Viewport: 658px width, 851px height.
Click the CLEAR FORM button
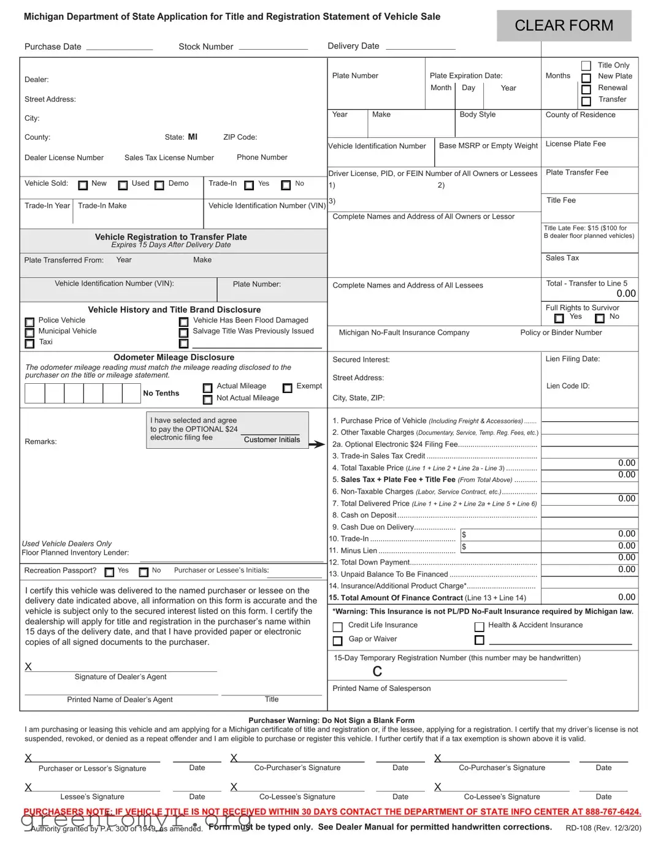coord(564,26)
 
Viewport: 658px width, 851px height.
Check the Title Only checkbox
coord(586,66)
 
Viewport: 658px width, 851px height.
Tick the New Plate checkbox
coord(586,78)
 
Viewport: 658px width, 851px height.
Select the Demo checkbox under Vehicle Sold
coord(159,185)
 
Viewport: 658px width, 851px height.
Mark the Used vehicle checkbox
coord(123,185)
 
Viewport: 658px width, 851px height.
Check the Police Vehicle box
coord(29,322)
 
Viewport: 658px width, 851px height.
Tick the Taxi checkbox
coord(29,343)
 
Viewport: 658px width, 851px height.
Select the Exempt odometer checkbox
coord(287,387)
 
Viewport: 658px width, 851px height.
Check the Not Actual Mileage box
coord(207,400)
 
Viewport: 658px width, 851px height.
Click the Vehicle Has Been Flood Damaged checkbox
coord(183,322)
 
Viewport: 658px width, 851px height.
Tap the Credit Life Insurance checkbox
coord(337,627)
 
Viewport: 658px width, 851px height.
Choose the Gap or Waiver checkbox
coord(337,641)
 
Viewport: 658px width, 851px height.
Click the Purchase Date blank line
coord(120,48)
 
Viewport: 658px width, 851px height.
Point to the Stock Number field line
coord(274,48)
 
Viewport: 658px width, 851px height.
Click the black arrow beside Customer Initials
coord(316,445)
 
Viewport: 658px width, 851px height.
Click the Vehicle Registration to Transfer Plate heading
coord(170,237)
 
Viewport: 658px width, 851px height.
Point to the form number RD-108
coord(579,828)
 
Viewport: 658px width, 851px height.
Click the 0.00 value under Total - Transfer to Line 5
coord(626,294)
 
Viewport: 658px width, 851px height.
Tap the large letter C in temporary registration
coord(377,672)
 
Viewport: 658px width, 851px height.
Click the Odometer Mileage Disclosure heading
coord(174,357)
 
